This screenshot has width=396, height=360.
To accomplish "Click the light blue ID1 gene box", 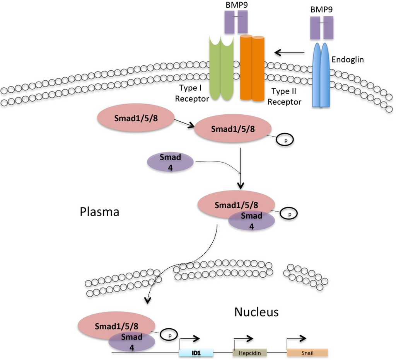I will [x=196, y=353].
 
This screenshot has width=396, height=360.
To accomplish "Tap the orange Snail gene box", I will [x=307, y=353].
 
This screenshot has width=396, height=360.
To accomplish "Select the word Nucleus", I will [x=256, y=312].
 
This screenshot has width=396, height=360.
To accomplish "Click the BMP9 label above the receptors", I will [x=236, y=6].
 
